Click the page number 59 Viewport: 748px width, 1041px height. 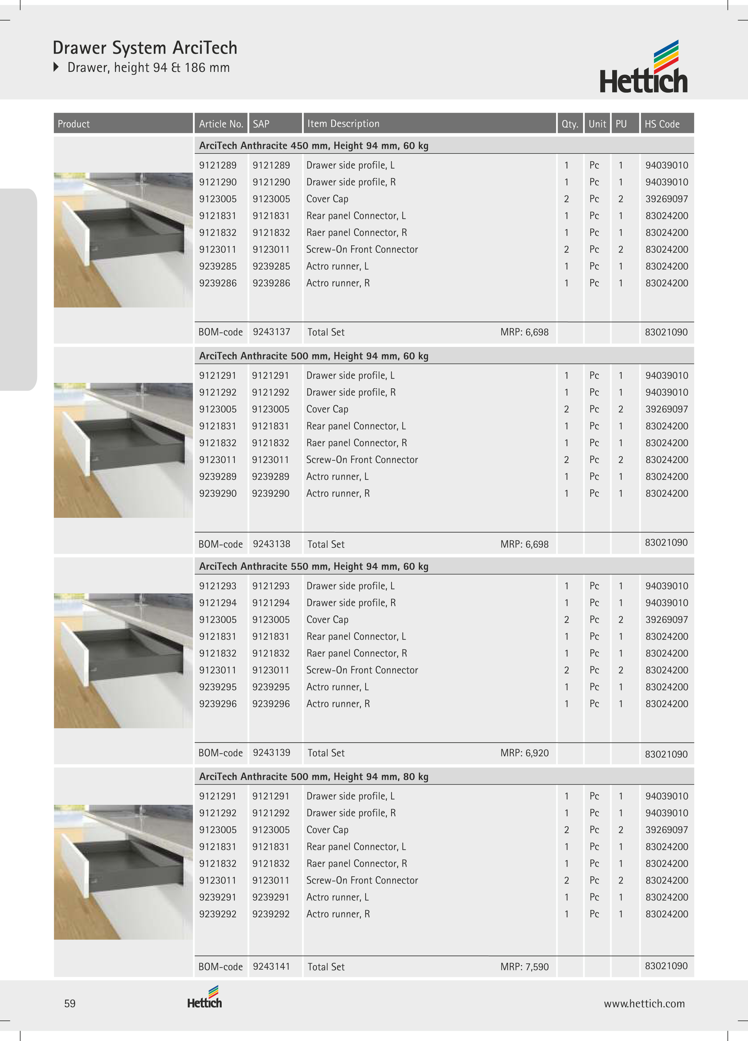[70, 1003]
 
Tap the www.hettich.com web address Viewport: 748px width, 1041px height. [644, 1004]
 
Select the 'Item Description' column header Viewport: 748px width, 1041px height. [343, 124]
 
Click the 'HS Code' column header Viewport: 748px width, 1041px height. [662, 124]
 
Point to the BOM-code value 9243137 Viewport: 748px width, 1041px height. [271, 332]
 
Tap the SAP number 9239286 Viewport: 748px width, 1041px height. [271, 283]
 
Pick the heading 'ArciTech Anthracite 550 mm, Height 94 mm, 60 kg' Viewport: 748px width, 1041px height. [314, 566]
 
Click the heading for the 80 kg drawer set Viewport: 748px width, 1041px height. [314, 777]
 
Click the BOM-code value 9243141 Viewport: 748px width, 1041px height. [271, 966]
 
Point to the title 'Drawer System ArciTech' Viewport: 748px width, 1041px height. [145, 48]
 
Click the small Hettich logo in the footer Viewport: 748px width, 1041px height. [205, 997]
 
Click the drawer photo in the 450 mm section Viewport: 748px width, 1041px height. [123, 240]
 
